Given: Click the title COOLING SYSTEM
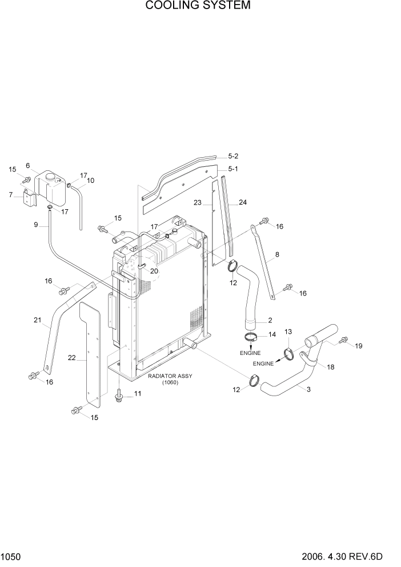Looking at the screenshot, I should [198, 6].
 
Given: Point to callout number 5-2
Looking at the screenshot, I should [233, 156].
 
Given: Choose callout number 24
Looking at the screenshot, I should [242, 202].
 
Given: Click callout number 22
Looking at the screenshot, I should [71, 359].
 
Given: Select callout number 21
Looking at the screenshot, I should [37, 321].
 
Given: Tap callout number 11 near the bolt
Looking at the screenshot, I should [137, 394].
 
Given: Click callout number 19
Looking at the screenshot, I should [358, 346].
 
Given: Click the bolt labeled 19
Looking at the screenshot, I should [343, 341].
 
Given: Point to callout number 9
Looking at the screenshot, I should [36, 225].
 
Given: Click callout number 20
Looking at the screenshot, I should [154, 271].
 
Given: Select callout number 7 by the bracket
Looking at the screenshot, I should [10, 195].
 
